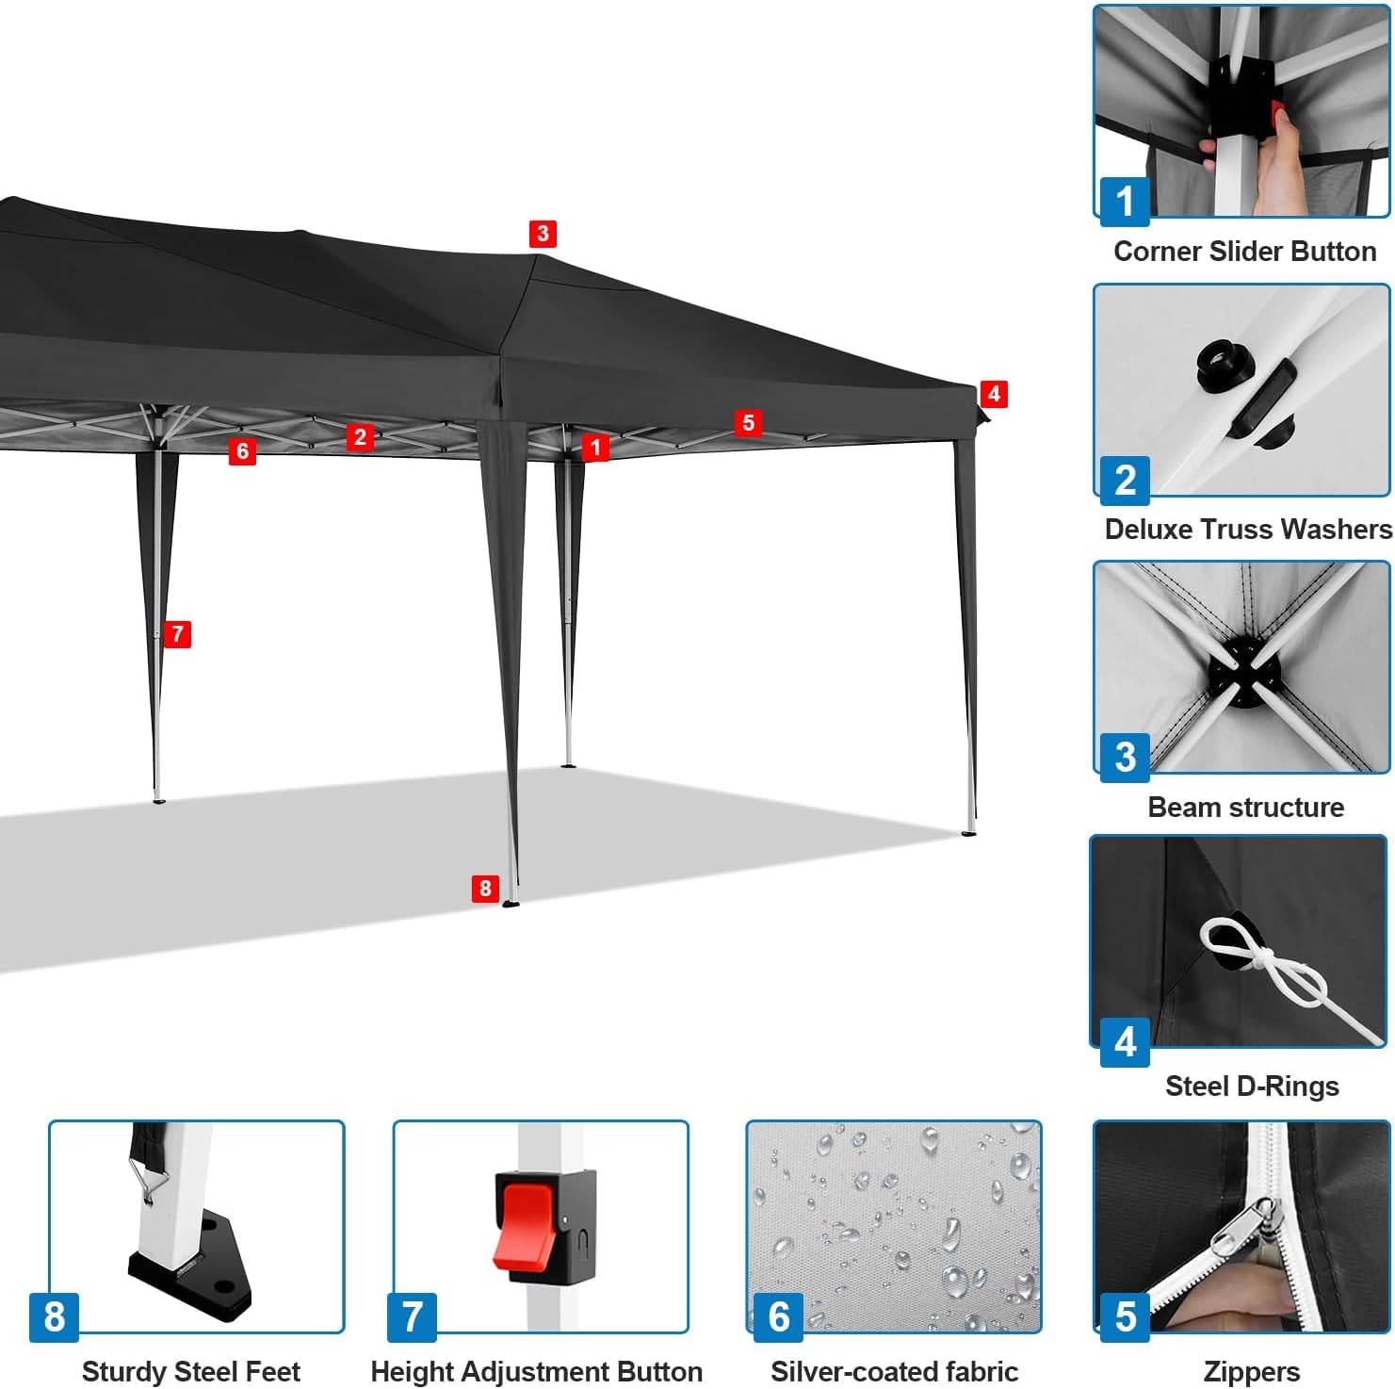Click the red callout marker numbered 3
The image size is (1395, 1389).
[x=542, y=234]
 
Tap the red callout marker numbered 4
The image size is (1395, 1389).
[x=993, y=394]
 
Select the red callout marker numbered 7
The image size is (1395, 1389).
[x=177, y=634]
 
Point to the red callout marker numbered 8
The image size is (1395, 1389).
[x=485, y=888]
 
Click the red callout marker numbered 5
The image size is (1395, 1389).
[x=748, y=423]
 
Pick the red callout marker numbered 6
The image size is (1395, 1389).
[x=242, y=452]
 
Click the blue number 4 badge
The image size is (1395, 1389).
[x=1125, y=1042]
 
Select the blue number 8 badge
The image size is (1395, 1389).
[x=55, y=1316]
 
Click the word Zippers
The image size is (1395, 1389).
[x=1251, y=1372]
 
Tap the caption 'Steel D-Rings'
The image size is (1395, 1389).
[x=1252, y=1087]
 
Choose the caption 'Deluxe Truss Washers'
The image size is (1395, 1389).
[x=1248, y=530]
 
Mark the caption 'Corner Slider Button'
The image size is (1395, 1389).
[x=1244, y=252]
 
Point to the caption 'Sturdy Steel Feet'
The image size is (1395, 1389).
[x=191, y=1371]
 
